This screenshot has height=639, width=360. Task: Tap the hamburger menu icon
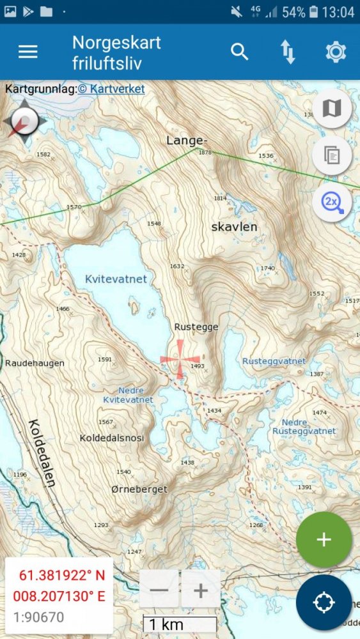pos(27,52)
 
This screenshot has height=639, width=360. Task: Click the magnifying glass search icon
pos(239,52)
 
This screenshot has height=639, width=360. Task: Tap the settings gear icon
pos(336,52)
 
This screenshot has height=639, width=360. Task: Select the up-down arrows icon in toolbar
pos(288,52)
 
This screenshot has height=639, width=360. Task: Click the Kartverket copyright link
pos(111,89)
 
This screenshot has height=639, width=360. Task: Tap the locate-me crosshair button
pos(324,602)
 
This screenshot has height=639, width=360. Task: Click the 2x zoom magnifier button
pos(332,203)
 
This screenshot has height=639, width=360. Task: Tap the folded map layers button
pos(332,109)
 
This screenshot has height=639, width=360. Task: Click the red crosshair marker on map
pos(180,358)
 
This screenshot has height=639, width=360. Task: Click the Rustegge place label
pos(196,327)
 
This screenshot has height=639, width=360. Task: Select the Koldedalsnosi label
pos(112,438)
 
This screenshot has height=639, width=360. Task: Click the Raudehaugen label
pos(35,363)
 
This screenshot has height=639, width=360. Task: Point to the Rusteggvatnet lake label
pos(274,361)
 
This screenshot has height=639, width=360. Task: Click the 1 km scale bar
pos(180,624)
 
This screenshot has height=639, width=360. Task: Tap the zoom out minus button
pos(159,589)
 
